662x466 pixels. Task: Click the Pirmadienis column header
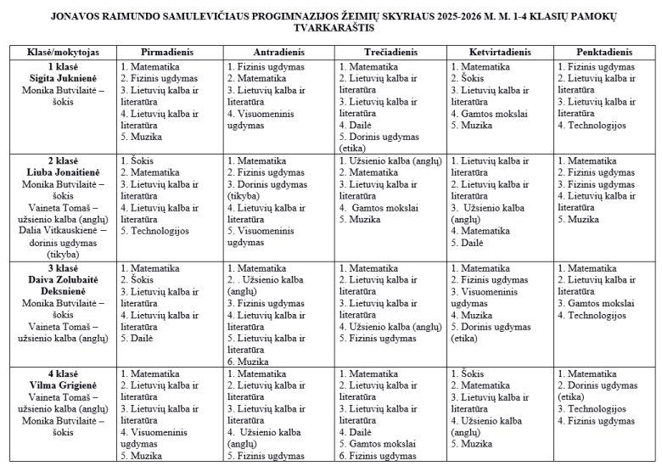click(166, 52)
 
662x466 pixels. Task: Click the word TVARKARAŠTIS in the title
click(330, 27)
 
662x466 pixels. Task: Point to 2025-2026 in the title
click(423, 15)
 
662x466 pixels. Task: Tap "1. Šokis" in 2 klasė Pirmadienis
click(141, 160)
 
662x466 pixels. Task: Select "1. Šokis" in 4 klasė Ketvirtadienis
click(471, 373)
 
